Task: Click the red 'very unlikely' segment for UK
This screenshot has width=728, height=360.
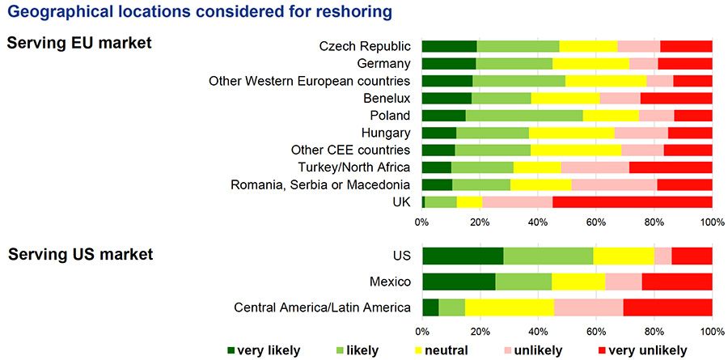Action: [x=632, y=201]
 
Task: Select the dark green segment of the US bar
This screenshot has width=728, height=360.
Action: [x=462, y=256]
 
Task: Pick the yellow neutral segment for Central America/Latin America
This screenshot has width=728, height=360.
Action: [x=509, y=307]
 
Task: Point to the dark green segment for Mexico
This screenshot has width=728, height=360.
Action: [x=458, y=282]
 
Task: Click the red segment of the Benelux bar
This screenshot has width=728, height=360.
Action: [x=676, y=98]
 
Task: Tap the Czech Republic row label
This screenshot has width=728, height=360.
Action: [x=366, y=46]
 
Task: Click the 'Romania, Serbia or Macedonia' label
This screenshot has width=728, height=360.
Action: [x=320, y=184]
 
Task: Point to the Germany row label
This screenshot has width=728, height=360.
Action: [x=383, y=64]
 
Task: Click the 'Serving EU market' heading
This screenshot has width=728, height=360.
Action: [x=79, y=43]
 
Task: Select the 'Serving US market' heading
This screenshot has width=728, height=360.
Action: [x=80, y=255]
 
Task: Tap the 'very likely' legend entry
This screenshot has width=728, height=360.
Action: [x=264, y=350]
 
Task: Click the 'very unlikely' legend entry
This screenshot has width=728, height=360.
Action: [x=643, y=350]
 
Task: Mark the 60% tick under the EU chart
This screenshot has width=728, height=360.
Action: [x=595, y=221]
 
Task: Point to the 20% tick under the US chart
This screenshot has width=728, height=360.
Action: [x=480, y=331]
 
